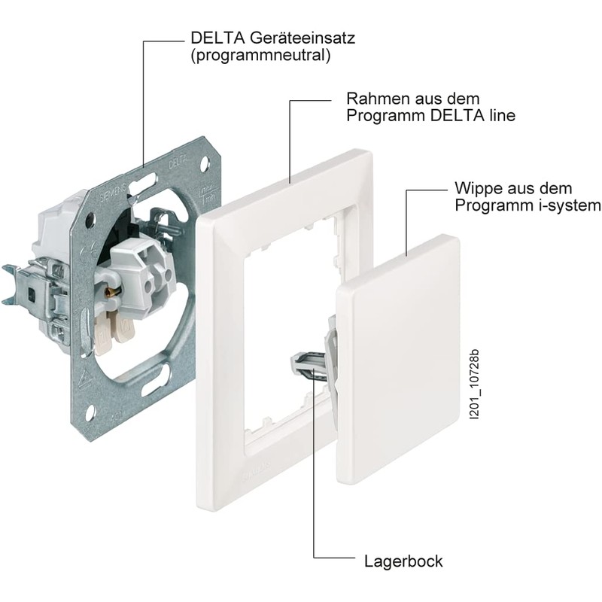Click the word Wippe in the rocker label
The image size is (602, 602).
(477, 188)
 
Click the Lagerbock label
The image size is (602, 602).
(403, 561)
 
